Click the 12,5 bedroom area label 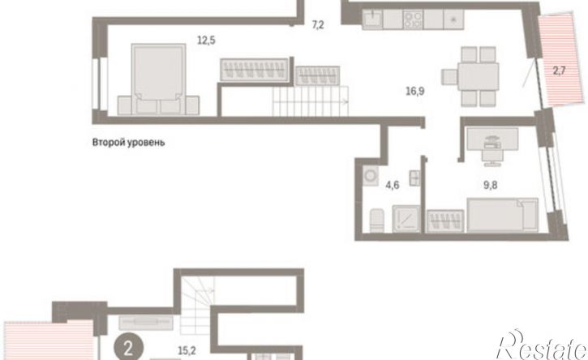point(206,40)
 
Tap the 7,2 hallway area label point(318,25)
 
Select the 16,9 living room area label point(415,91)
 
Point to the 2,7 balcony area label point(559,71)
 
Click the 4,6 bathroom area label point(393,185)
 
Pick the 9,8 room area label point(491,185)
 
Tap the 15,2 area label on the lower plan point(187,350)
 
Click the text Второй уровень point(128,143)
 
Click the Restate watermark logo point(542,345)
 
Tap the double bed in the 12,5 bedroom point(158,79)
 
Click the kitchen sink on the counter point(372,19)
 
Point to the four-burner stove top point(413,19)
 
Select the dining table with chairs point(470,76)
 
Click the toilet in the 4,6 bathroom point(377,220)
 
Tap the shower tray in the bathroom point(406,219)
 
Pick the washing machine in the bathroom point(371,175)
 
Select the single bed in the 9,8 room point(503,215)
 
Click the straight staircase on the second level point(311,101)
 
